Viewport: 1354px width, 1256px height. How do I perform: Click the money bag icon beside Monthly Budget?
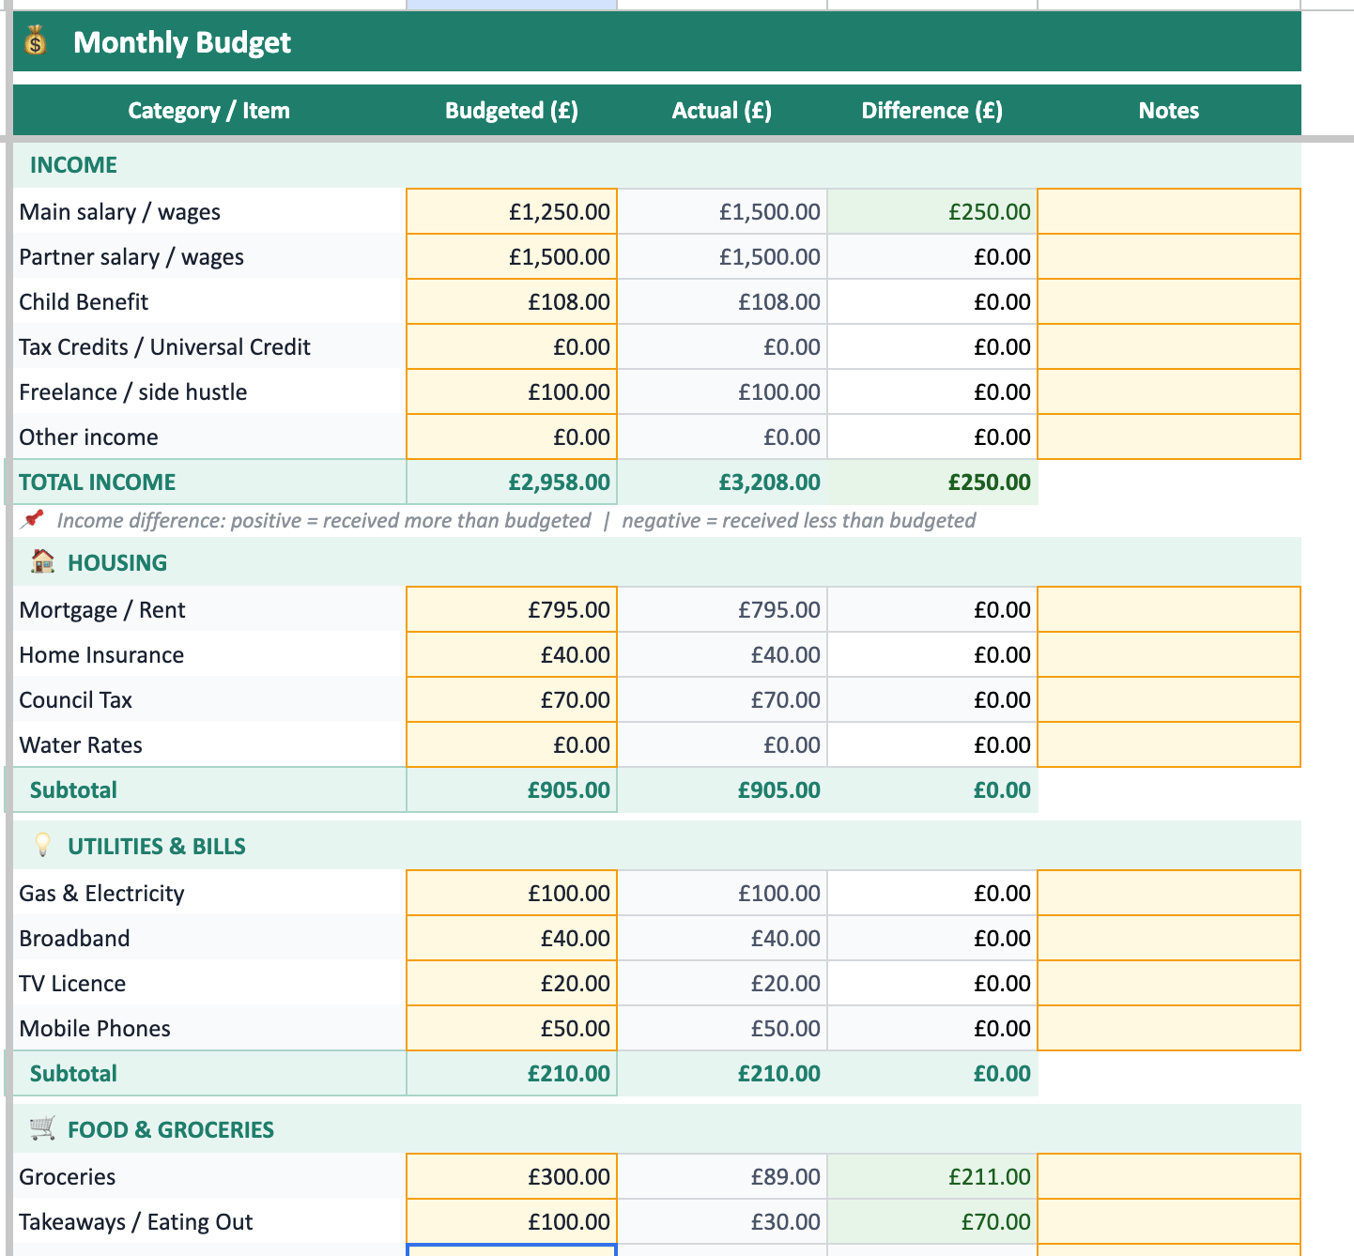tap(36, 40)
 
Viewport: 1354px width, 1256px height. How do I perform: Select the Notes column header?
tap(1169, 111)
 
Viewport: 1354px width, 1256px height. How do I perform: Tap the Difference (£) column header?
tap(932, 111)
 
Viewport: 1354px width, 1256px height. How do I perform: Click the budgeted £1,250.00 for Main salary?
tap(559, 212)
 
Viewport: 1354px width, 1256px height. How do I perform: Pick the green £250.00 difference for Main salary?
tap(990, 212)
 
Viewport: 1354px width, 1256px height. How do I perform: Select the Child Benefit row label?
tap(84, 302)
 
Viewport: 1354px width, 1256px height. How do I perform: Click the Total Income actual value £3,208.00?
tap(769, 482)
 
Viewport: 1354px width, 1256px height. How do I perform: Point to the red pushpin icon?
tap(32, 519)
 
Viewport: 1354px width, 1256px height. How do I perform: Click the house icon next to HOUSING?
tap(42, 561)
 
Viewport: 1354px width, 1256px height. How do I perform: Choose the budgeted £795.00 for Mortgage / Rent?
tap(569, 609)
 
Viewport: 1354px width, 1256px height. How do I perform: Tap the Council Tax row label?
tap(75, 700)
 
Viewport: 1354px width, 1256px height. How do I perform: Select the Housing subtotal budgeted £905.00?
tap(569, 790)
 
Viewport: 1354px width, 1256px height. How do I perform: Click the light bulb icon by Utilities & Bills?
tap(42, 845)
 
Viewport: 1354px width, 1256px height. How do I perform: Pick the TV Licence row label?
tap(72, 984)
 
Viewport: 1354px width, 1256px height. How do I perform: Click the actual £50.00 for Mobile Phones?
tap(785, 1029)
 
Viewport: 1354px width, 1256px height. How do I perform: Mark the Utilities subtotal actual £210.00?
tap(778, 1074)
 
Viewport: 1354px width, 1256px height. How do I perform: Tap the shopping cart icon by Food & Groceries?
tap(42, 1128)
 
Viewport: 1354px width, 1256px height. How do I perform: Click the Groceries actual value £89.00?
tap(785, 1177)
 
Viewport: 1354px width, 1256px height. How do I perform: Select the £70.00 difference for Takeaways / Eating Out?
tap(995, 1222)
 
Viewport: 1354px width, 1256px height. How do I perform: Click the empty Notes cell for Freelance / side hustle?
tap(1169, 392)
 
